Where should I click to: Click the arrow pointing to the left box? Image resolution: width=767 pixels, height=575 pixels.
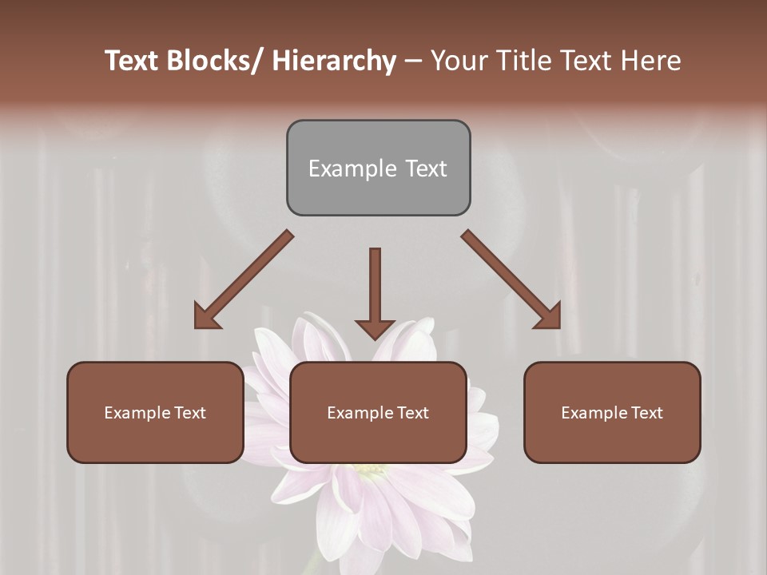pos(244,280)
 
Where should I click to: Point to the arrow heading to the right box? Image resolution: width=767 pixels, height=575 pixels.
pos(511,280)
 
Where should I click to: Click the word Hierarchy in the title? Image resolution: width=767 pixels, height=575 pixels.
pos(334,61)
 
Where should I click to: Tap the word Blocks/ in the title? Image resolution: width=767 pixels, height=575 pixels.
pos(217,61)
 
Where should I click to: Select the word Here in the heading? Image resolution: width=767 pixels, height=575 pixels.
pos(650,61)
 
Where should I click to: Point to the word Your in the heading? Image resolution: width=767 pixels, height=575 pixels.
pos(459,61)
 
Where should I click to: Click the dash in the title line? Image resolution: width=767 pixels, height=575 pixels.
pos(413,61)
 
